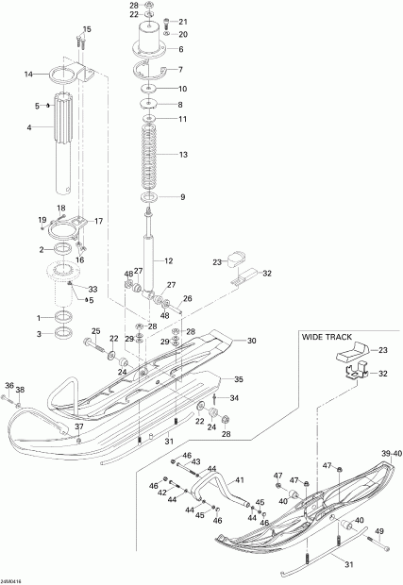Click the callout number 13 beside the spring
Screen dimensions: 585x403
pos(183,155)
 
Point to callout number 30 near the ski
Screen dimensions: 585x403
pos(252,341)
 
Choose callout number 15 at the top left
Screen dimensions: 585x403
pos(87,30)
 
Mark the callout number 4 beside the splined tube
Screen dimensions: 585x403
pos(28,127)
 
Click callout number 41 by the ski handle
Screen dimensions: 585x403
pos(239,479)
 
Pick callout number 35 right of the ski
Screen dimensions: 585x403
pos(239,379)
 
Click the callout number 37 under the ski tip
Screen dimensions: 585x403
pos(79,427)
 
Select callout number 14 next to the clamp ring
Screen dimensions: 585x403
pos(28,74)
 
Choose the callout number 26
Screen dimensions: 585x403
pos(187,299)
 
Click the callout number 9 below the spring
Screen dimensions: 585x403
pos(182,197)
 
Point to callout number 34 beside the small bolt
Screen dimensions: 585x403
pos(235,398)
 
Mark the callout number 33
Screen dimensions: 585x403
pos(92,289)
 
